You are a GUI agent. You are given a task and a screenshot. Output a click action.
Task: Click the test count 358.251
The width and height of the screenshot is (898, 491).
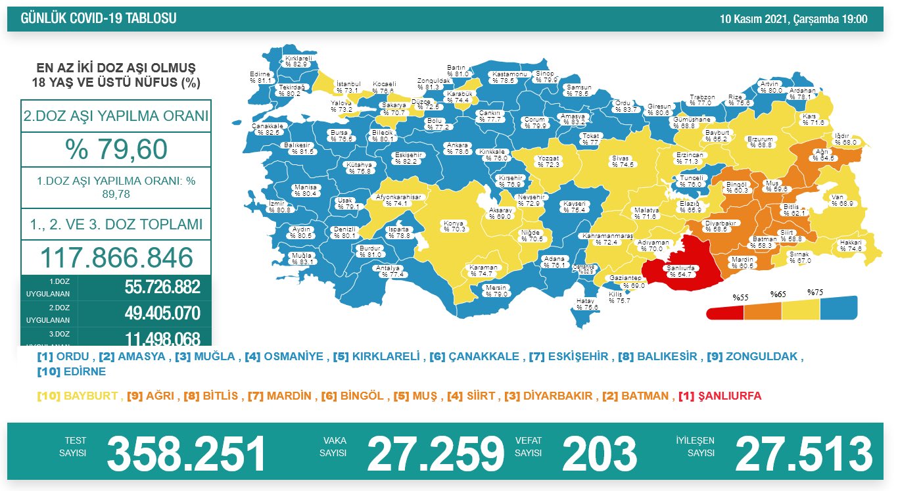click(x=187, y=454)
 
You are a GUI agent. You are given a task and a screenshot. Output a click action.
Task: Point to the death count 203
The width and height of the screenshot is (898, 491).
click(x=599, y=454)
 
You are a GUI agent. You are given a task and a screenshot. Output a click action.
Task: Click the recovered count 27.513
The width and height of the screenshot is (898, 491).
click(x=803, y=454)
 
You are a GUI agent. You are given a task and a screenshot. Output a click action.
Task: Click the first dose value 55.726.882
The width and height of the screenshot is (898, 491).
click(x=162, y=288)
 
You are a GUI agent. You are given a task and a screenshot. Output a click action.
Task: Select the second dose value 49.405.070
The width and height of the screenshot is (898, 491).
click(x=162, y=314)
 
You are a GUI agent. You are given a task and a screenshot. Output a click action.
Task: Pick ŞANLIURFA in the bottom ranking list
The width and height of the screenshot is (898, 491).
click(x=728, y=396)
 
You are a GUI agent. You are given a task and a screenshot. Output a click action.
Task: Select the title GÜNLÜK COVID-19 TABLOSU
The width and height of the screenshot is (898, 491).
click(x=99, y=19)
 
